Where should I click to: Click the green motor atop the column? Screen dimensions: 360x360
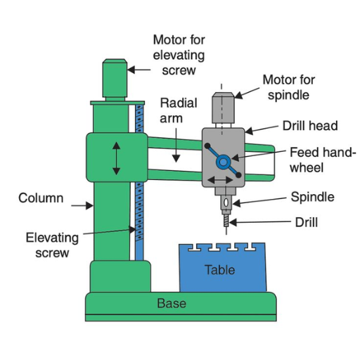[x=115, y=79]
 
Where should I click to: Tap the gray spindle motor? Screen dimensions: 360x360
[x=223, y=108]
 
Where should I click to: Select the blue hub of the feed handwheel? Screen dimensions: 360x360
[x=223, y=162]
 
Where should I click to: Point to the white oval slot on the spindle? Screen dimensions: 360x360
[x=226, y=203]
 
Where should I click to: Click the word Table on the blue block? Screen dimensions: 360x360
[x=220, y=270]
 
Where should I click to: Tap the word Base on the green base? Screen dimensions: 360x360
[x=172, y=303]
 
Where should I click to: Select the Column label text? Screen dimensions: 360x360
[x=41, y=198]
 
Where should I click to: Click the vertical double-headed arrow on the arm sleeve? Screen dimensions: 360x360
[x=116, y=159]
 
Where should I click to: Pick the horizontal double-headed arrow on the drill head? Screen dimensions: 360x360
[x=220, y=180]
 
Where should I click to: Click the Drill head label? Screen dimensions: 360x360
[x=310, y=126]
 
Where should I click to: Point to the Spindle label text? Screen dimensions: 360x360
[x=312, y=197]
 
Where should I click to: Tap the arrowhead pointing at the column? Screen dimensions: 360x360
[x=89, y=205]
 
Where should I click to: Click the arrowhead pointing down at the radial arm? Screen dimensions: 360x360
[x=176, y=159]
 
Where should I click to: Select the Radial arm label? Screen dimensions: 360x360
[x=179, y=110]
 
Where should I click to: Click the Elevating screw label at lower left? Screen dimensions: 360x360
[x=52, y=245]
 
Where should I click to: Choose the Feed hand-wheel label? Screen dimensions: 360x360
[x=321, y=160]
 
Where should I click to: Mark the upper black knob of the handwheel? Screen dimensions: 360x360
[x=207, y=146]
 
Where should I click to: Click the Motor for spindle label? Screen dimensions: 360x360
[x=289, y=87]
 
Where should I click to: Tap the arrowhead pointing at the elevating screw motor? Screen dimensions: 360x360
[x=131, y=70]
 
